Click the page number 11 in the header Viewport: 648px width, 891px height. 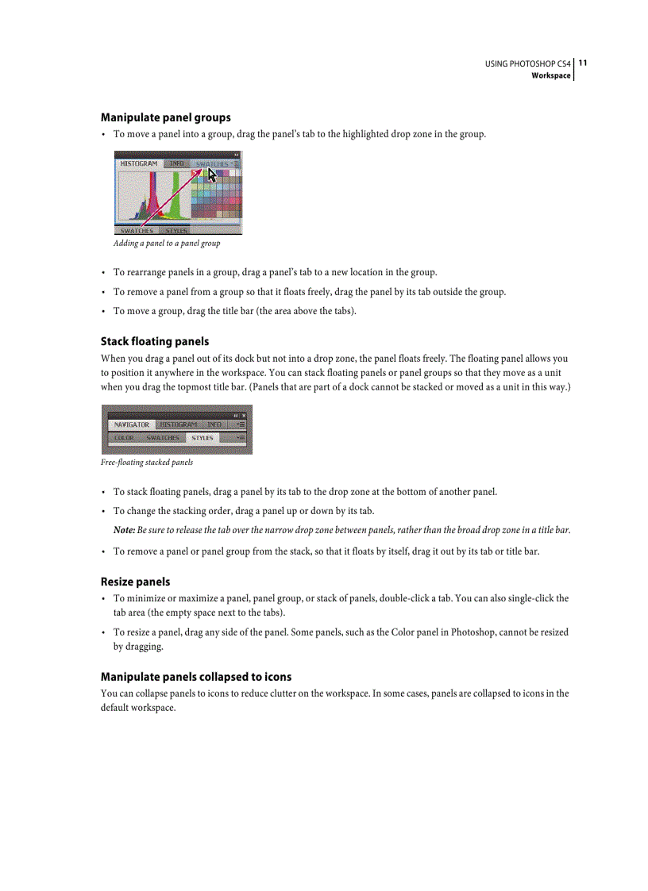tap(582, 63)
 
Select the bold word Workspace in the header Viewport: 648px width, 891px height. tap(550, 75)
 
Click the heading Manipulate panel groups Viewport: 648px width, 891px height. tap(165, 117)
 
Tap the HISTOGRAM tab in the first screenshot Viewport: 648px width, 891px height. tap(138, 164)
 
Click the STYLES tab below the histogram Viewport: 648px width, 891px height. tap(176, 231)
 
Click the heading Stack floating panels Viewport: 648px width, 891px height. tap(155, 341)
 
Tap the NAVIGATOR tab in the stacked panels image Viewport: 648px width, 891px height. tap(131, 424)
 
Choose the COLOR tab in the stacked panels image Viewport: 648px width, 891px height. tap(124, 438)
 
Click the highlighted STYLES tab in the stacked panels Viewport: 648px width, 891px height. tap(202, 438)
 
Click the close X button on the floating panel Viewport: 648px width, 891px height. tap(244, 416)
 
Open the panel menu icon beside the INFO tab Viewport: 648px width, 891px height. tap(240, 424)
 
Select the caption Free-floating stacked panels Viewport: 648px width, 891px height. tap(147, 463)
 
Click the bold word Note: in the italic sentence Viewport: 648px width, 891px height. tap(124, 530)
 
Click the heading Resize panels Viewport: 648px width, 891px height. tap(135, 582)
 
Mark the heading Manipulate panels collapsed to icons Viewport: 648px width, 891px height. tap(195, 677)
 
